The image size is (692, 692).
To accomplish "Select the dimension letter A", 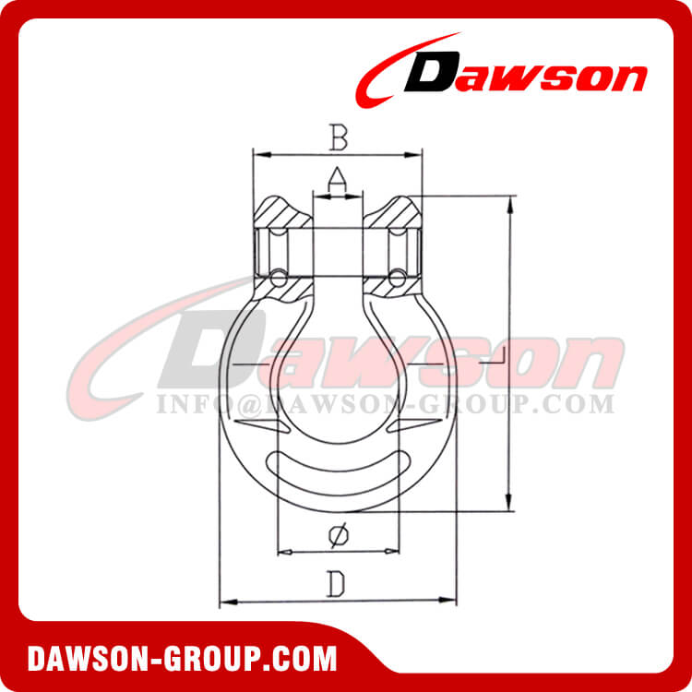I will coord(338,176).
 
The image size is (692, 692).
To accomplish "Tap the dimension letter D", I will coord(338,583).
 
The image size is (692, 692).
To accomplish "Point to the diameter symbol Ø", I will coord(338,534).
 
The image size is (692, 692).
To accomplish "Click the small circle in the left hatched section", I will coord(276,276).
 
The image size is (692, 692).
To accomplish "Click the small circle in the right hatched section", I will coord(397,276).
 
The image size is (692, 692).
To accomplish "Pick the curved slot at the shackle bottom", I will coord(337,471).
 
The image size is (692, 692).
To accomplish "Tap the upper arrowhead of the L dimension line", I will coord(507,200).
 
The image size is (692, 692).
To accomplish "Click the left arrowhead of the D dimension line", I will coord(224,603).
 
